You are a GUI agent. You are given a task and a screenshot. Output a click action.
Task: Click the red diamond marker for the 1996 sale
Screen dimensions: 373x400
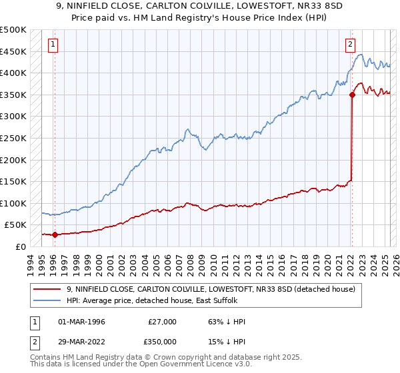pyautogui.click(x=55, y=234)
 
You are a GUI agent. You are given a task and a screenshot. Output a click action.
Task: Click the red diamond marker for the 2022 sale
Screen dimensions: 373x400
pyautogui.click(x=351, y=95)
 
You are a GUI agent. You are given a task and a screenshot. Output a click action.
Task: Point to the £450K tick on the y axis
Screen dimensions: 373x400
pyautogui.click(x=13, y=51)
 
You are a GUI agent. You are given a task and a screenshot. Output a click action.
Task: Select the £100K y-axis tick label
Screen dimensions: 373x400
pyautogui.click(x=13, y=203)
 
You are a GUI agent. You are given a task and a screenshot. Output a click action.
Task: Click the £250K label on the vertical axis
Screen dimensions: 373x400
pyautogui.click(x=13, y=138)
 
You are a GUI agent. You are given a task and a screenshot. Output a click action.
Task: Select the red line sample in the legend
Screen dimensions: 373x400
pyautogui.click(x=48, y=288)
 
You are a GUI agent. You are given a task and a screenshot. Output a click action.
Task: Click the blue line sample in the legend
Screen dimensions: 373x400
pyautogui.click(x=48, y=300)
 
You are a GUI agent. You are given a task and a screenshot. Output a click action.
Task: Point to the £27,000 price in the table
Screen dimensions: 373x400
pyautogui.click(x=162, y=322)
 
